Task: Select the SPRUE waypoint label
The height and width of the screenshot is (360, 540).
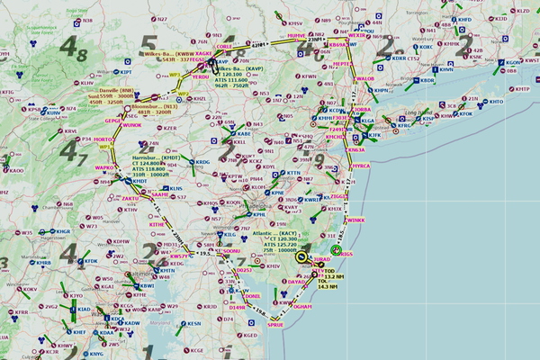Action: (x=275, y=325)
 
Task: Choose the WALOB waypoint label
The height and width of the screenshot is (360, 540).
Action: (x=365, y=79)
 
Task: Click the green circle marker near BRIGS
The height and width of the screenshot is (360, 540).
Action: (x=336, y=249)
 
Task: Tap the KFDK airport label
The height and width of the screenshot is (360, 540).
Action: (x=90, y=261)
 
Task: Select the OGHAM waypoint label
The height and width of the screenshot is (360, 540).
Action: (x=302, y=306)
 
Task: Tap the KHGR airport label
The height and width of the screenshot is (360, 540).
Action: (x=63, y=231)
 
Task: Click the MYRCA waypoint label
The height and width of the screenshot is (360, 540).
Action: (x=361, y=166)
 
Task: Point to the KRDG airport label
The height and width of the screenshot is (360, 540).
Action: (x=202, y=162)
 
